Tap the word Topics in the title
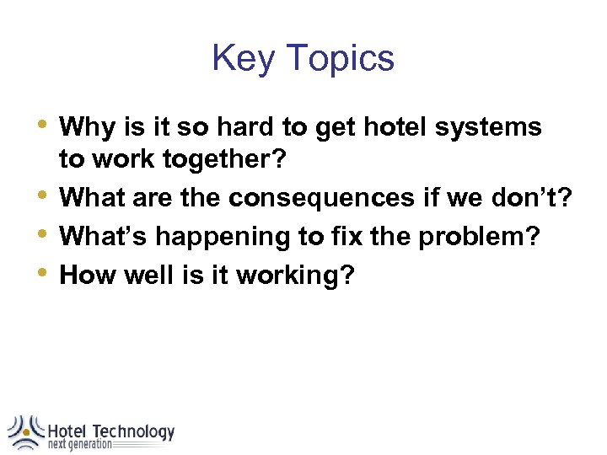339,59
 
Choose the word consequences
321,198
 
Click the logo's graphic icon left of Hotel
24,431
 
